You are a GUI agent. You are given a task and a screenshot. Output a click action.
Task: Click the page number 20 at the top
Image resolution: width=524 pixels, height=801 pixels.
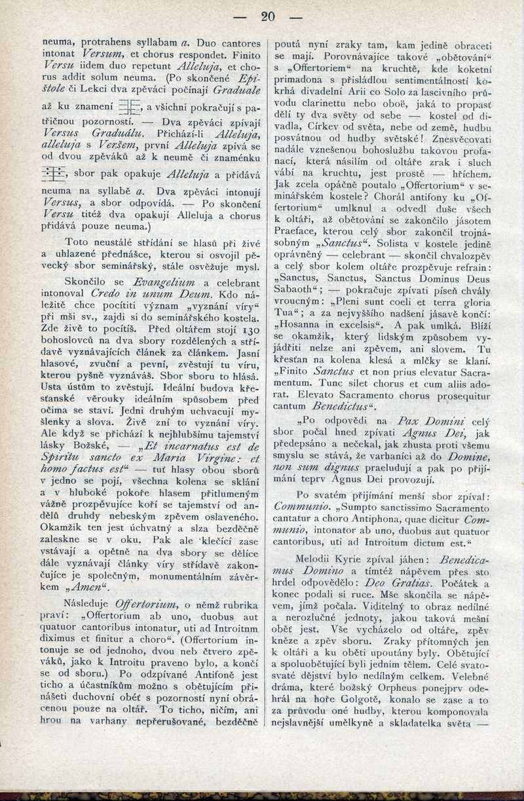pos(267,16)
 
